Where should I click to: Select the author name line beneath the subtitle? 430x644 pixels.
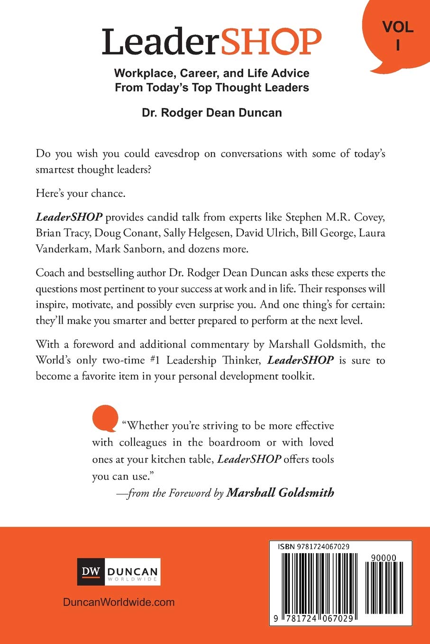click(x=212, y=113)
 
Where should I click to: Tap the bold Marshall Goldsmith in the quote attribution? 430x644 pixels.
click(x=280, y=493)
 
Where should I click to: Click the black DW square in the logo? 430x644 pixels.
click(x=91, y=571)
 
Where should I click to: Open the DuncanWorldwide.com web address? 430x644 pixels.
click(x=119, y=602)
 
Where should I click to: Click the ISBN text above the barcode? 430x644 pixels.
click(x=314, y=546)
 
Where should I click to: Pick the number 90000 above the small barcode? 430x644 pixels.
click(x=384, y=558)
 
